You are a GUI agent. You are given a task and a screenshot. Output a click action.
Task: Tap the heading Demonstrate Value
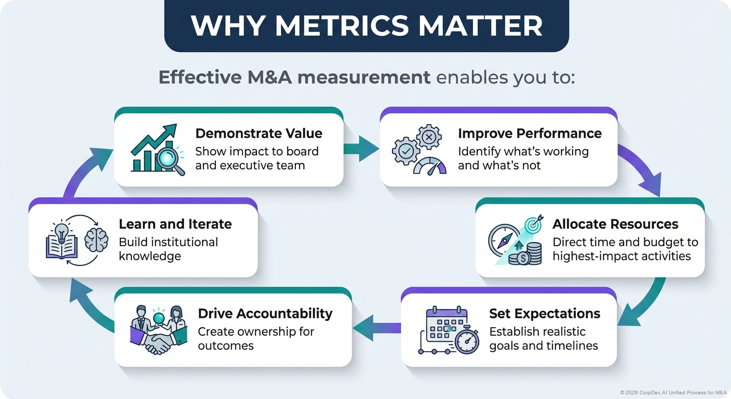click(259, 133)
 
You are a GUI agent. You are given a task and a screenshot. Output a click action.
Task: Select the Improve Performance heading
click(530, 133)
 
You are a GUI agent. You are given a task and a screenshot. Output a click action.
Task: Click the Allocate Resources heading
click(615, 224)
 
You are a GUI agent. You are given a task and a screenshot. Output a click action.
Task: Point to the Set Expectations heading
click(545, 314)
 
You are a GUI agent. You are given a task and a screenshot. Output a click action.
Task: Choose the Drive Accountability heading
click(265, 313)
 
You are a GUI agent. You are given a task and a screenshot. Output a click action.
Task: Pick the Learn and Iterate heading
click(175, 224)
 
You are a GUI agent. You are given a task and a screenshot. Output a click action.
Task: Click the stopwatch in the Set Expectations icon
click(467, 340)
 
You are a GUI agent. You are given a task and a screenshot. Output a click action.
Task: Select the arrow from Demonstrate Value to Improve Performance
click(361, 149)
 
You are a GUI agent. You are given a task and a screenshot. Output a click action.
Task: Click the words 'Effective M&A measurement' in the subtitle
click(294, 77)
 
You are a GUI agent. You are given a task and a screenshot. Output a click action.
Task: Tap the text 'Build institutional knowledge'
click(168, 249)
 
